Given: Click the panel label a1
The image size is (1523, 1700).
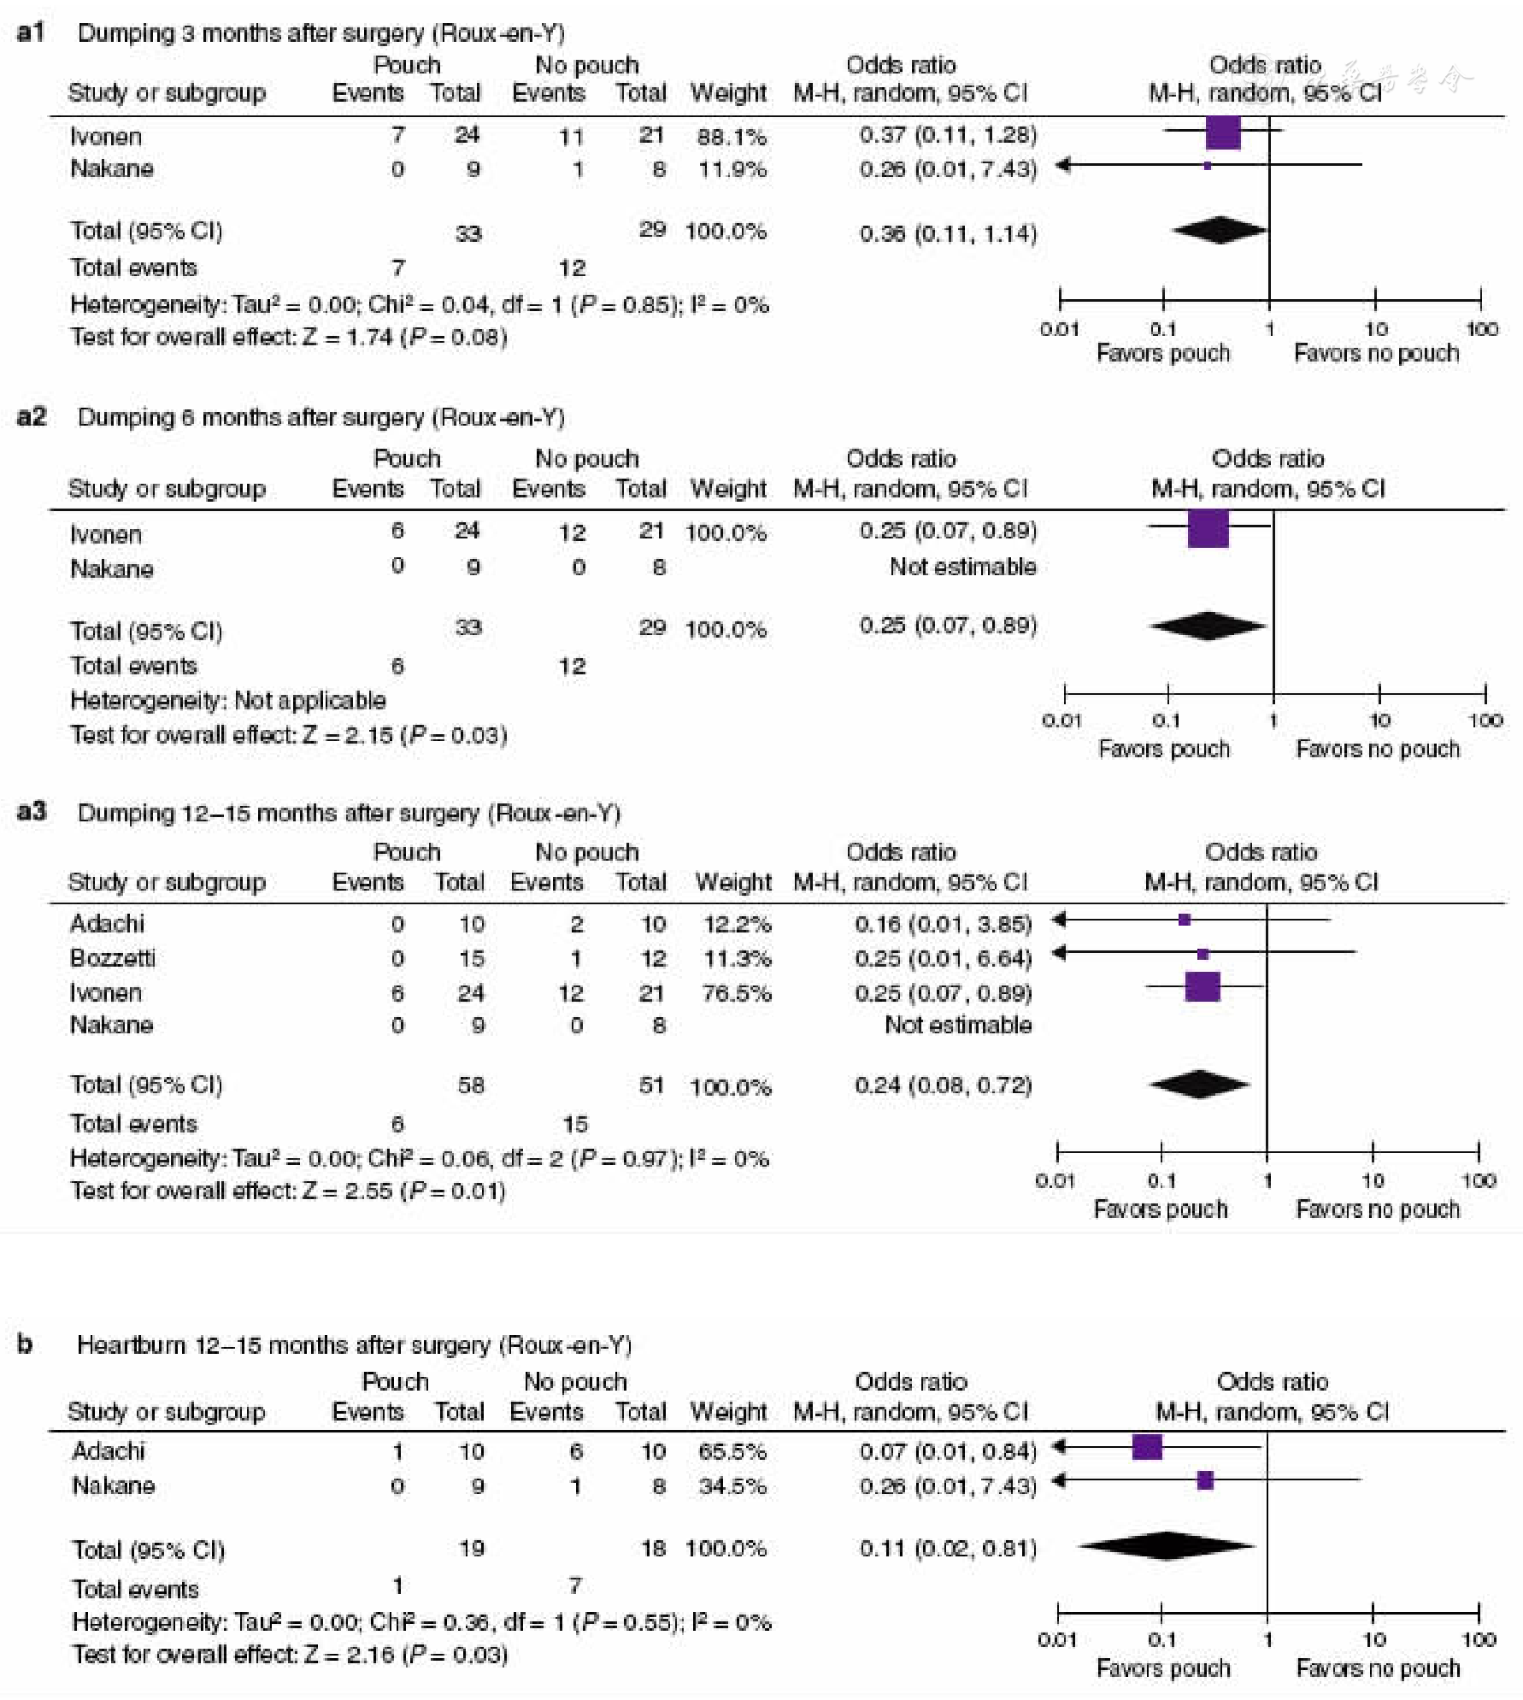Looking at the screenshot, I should (31, 32).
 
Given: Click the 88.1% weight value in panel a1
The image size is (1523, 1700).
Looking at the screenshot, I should (732, 136).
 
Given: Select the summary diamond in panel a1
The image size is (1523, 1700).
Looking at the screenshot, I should (1220, 230).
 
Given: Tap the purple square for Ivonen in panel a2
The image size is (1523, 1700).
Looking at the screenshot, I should (1208, 528).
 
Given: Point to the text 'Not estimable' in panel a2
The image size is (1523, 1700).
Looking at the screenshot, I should (962, 566).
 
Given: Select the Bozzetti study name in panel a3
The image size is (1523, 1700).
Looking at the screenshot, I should (113, 957).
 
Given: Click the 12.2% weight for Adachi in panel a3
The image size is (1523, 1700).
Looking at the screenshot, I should (737, 924).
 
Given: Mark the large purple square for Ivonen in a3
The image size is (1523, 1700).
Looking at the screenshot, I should (1203, 986).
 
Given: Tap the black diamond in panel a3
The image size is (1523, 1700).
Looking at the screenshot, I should (1199, 1085).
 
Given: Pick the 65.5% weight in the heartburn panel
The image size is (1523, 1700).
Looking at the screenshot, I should (732, 1450).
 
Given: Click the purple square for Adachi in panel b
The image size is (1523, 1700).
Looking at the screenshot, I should (1147, 1446).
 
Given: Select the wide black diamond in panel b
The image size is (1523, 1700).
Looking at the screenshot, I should (1166, 1545).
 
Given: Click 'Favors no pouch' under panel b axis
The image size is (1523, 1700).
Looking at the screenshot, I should (1378, 1668).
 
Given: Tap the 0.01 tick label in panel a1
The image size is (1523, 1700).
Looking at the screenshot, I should (1059, 329).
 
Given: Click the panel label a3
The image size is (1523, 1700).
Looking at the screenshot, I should (31, 810).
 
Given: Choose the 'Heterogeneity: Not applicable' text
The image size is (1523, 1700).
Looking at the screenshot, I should (228, 700).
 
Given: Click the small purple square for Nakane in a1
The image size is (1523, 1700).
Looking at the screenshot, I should (1207, 166).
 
